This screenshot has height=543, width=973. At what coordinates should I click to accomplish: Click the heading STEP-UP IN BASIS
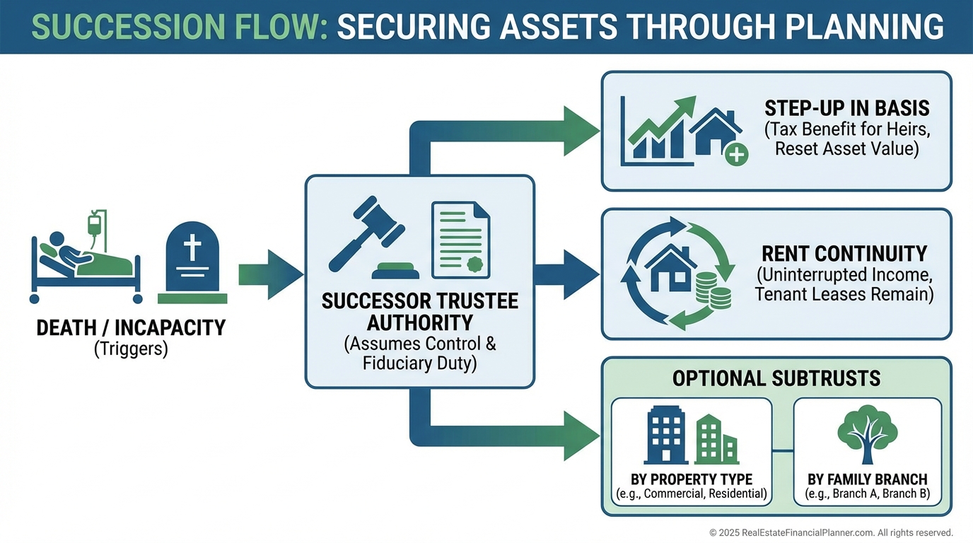click(x=846, y=108)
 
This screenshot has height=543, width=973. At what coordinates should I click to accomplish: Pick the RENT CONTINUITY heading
click(x=844, y=253)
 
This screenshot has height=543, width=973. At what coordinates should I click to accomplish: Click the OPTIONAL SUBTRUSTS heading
click(x=776, y=378)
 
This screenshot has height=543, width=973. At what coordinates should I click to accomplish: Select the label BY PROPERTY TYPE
click(x=691, y=479)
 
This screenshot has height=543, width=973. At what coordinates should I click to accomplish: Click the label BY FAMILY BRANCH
click(x=867, y=479)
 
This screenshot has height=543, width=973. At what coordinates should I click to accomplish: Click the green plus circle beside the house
click(x=736, y=154)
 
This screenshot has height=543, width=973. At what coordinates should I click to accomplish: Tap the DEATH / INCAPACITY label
click(x=131, y=328)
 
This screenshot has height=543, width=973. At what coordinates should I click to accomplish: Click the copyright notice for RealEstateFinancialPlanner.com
click(x=831, y=532)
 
